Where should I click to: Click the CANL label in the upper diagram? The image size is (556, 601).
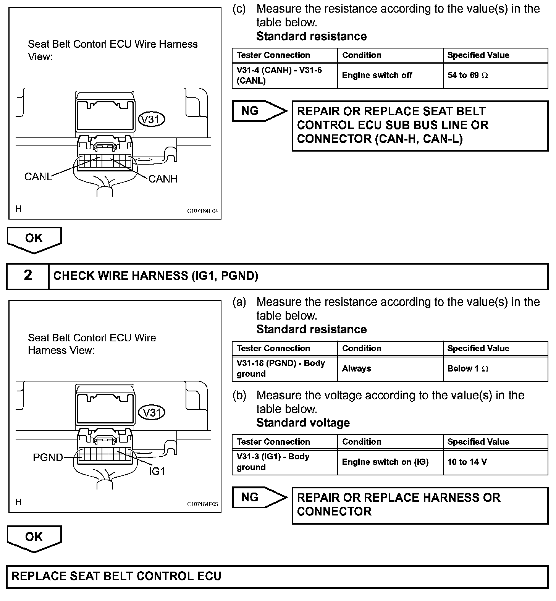click(x=38, y=177)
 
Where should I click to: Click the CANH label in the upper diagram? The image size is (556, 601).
click(x=163, y=179)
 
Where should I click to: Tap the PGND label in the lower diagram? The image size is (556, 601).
click(x=48, y=457)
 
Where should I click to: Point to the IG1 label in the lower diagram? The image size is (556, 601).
click(x=157, y=471)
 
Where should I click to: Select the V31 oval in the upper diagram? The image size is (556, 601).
click(x=151, y=120)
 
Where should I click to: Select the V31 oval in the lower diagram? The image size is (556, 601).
click(x=151, y=412)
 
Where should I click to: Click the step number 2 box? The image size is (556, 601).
click(x=28, y=276)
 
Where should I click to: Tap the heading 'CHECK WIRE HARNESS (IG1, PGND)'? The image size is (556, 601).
click(x=156, y=276)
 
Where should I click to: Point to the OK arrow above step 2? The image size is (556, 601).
click(x=34, y=239)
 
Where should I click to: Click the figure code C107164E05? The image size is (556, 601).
click(x=202, y=504)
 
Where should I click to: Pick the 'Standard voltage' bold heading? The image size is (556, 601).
click(x=303, y=423)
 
